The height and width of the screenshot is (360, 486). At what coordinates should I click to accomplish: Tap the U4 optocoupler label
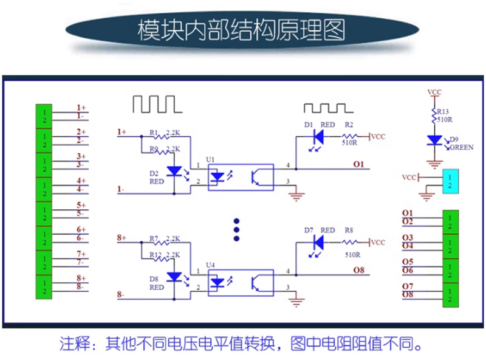coord(211,265)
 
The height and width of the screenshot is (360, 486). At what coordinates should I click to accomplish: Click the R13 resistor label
coord(443,111)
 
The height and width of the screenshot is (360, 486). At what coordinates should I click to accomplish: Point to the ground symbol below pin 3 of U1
coord(296,195)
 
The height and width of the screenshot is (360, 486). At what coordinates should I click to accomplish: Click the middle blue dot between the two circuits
coord(238,230)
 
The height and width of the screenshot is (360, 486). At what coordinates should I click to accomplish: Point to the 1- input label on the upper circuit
coord(122,190)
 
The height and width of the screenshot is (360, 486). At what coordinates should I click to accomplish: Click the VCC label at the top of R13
coord(434,92)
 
